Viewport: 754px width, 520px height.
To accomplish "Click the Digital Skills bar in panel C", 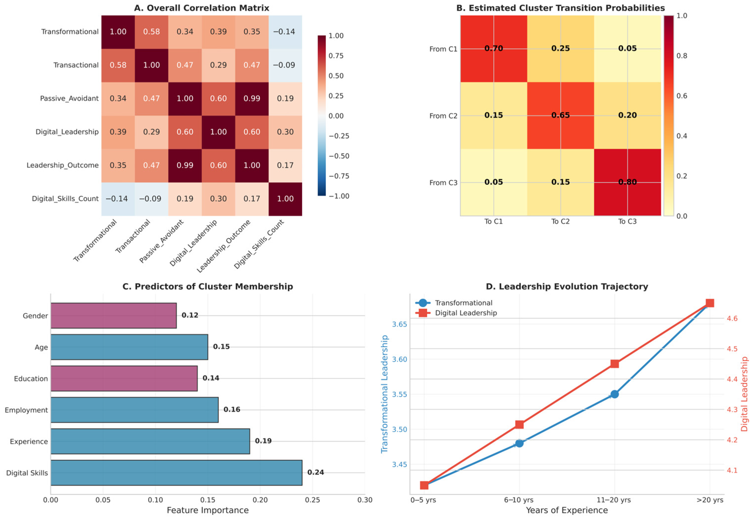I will coord(176,472).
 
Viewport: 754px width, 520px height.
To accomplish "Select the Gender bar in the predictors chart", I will coord(113,315).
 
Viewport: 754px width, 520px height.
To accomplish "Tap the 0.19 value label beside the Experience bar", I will coord(263,441).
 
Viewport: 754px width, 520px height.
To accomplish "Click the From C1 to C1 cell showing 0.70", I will coord(494,49).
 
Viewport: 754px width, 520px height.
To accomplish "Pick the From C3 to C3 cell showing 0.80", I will coord(627,182).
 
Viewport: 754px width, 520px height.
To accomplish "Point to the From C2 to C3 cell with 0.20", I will coord(627,115).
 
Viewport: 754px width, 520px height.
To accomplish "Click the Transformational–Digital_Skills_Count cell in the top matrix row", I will coord(285,32).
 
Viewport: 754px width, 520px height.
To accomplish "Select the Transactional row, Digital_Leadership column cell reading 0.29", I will coord(218,65).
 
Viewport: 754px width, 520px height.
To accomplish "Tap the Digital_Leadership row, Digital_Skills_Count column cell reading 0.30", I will coord(285,132).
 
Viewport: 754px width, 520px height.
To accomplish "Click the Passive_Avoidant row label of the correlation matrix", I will coord(69,98).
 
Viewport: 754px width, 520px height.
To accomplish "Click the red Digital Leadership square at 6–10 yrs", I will coord(519,425).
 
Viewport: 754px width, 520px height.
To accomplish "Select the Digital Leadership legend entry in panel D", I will coord(466,313).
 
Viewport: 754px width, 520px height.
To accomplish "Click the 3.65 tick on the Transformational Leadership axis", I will coord(399,324).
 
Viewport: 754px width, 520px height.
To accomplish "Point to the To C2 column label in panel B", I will coord(560,222).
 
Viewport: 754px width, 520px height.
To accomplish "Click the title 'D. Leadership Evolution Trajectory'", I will coord(566,286).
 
